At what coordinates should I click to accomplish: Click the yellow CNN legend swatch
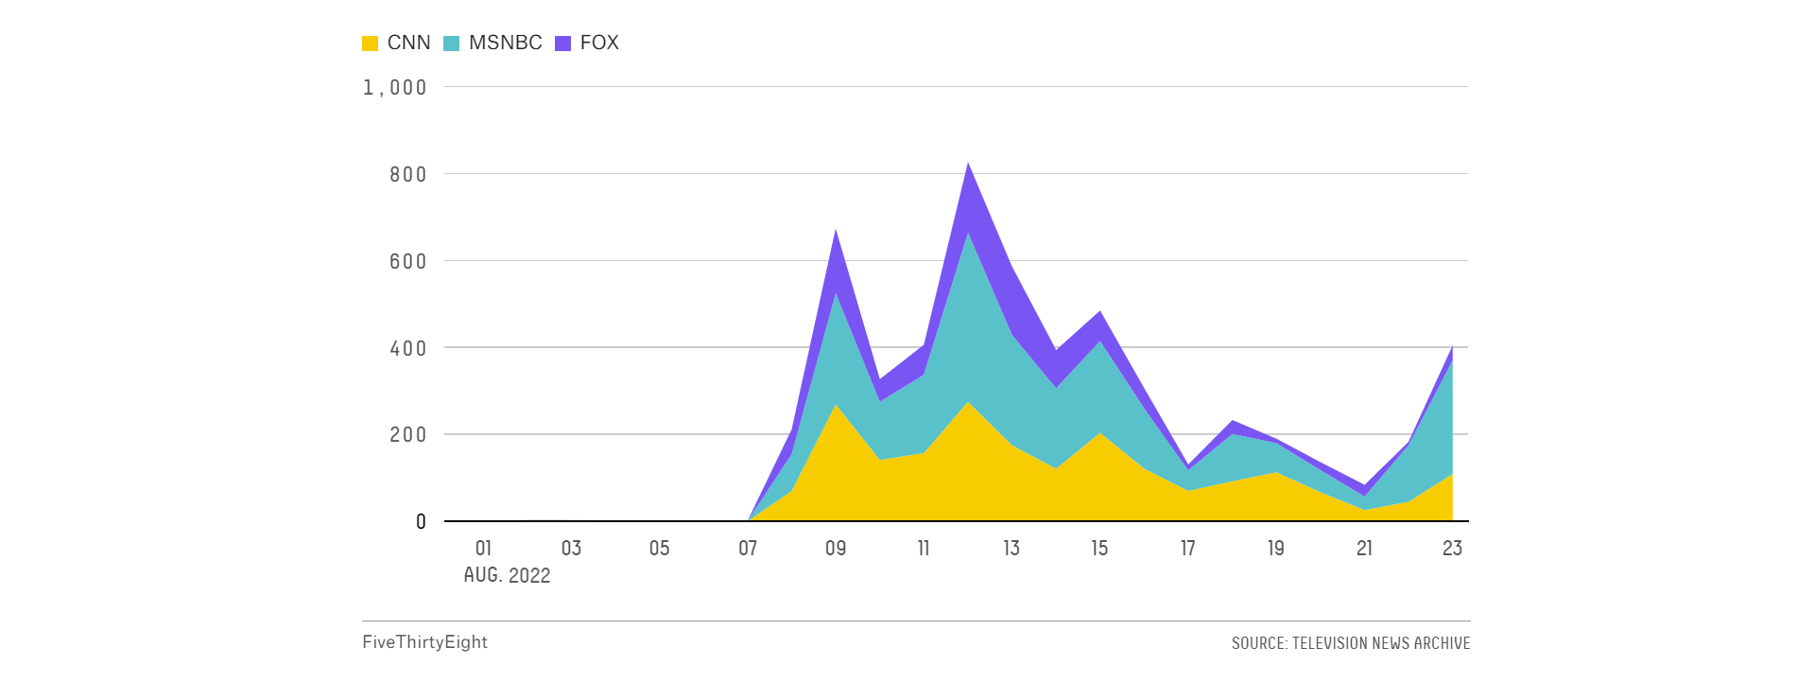click(371, 44)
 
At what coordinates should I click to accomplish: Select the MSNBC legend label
click(506, 43)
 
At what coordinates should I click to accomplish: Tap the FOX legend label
click(599, 43)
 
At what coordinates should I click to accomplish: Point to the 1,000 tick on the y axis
click(395, 88)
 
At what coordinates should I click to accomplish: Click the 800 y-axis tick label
click(408, 174)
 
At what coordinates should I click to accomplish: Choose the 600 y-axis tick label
click(408, 261)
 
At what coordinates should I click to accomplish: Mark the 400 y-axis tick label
click(408, 348)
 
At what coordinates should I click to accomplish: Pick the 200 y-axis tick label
click(408, 434)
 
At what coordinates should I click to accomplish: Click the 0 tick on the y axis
click(421, 521)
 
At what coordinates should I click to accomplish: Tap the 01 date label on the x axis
click(483, 549)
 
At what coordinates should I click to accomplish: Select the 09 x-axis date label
click(836, 549)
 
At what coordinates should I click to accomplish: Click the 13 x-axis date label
click(1011, 549)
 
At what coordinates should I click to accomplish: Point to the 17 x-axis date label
click(1188, 549)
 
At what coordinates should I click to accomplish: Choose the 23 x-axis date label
click(1452, 549)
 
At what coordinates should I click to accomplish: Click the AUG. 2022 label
click(507, 576)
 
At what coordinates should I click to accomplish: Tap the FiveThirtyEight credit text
click(424, 642)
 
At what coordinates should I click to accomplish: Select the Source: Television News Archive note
click(1351, 643)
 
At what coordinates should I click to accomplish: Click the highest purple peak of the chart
click(968, 164)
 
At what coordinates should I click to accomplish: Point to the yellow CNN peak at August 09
click(836, 405)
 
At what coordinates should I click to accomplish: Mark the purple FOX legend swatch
click(563, 44)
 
